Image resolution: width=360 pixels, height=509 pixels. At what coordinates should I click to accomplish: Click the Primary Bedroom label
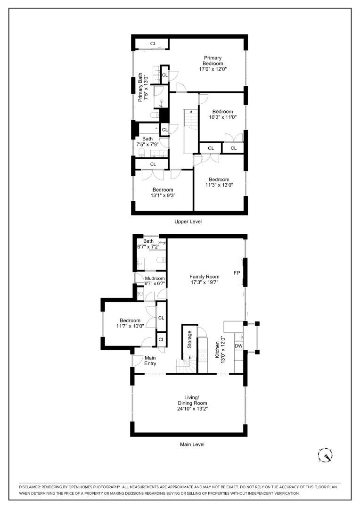[213, 61]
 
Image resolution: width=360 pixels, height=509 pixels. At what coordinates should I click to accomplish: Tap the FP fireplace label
[237, 273]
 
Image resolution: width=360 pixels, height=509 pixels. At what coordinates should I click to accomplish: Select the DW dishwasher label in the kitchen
[238, 346]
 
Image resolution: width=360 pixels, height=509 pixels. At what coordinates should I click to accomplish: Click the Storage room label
[189, 339]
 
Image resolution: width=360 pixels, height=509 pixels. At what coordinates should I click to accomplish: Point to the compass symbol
[325, 455]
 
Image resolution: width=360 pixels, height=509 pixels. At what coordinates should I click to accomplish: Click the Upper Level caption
[188, 222]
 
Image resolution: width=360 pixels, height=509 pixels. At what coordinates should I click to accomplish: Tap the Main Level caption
[192, 444]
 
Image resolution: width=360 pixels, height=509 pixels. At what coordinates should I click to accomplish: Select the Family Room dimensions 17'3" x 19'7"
[205, 282]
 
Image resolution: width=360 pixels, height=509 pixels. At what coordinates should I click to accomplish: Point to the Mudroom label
[155, 278]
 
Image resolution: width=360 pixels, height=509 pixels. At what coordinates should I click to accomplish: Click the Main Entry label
[150, 361]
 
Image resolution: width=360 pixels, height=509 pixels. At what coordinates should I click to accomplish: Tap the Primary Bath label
[140, 87]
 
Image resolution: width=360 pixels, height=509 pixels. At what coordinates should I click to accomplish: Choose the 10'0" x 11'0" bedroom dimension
[223, 117]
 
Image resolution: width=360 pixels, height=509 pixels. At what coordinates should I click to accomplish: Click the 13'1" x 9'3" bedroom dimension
[163, 196]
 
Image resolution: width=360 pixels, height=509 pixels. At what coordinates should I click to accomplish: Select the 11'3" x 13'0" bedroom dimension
[219, 185]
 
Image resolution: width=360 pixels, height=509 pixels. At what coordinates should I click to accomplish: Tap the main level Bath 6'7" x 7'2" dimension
[148, 246]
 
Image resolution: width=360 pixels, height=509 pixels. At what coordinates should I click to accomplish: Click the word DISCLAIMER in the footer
[29, 487]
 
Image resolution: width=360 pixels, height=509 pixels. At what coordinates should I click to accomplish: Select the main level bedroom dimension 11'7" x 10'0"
[130, 326]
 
